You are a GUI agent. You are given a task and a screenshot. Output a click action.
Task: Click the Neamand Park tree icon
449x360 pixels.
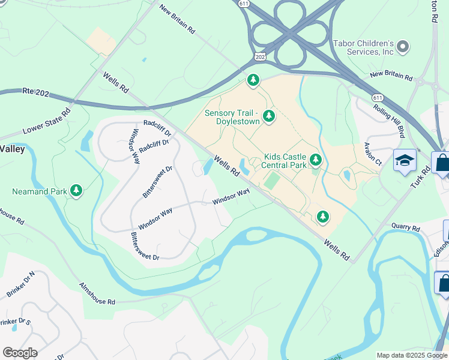tap(76, 191)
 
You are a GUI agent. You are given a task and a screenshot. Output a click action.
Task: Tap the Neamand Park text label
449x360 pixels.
tap(39, 192)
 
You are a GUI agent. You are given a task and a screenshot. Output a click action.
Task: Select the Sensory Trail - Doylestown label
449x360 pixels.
tap(232, 117)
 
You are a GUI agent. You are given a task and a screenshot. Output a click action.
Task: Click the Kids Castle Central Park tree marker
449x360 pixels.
tap(316, 160)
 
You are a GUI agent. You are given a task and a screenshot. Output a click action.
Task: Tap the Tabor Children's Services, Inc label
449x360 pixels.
tap(363, 47)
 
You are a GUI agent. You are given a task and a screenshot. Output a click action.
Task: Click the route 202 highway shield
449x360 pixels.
tap(259, 56)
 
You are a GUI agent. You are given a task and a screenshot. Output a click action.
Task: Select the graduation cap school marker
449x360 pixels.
tap(405, 160)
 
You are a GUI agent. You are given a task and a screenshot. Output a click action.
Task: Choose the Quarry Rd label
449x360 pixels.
tap(405, 228)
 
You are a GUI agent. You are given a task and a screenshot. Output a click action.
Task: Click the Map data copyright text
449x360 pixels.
tap(412, 355)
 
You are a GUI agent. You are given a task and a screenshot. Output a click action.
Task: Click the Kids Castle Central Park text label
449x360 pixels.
tap(286, 161)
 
